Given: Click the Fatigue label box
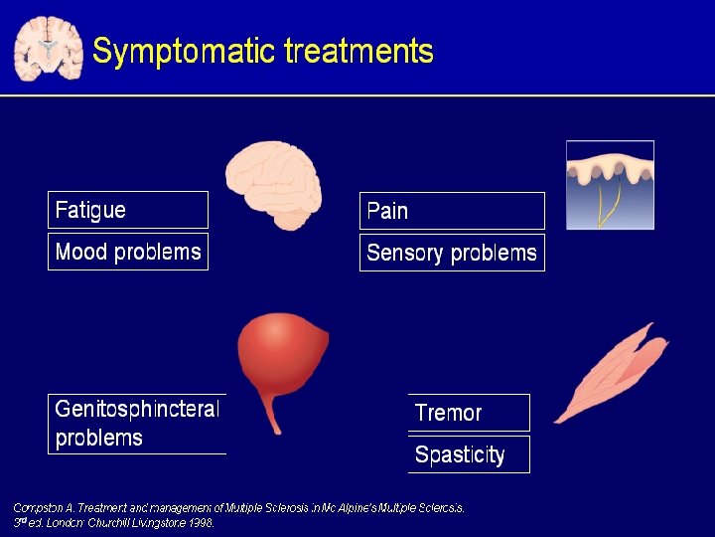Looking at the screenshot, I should click(x=128, y=210).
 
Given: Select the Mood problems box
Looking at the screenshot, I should click(x=128, y=252).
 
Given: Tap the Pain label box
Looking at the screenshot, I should click(x=452, y=211).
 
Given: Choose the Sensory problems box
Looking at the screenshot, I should click(x=452, y=253).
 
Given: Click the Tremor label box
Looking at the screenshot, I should click(x=469, y=413).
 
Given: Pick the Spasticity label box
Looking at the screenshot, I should click(x=469, y=454).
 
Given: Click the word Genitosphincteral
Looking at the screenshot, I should click(x=137, y=409).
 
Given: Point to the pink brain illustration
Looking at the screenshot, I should click(x=273, y=184).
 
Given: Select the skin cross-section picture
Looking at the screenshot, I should click(x=610, y=185).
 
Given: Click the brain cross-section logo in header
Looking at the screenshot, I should click(x=48, y=48).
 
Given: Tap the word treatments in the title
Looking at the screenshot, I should click(x=358, y=51).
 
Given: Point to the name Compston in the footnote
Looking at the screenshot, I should click(x=38, y=507).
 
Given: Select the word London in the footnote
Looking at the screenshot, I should click(x=65, y=520).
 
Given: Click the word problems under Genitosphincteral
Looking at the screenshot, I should click(x=99, y=438).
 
